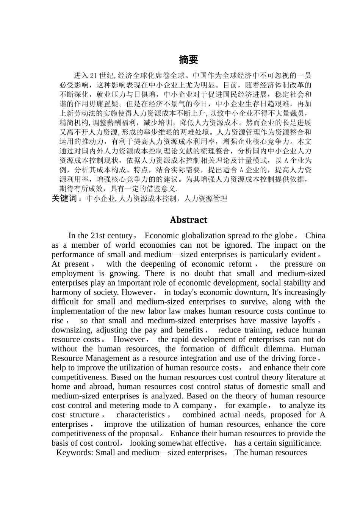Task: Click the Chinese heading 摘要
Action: pyautogui.click(x=188, y=60)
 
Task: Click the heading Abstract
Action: pyautogui.click(x=188, y=220)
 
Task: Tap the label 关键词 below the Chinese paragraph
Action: pyautogui.click(x=64, y=198)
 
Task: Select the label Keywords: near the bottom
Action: pyautogui.click(x=75, y=453)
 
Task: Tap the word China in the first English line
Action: pyautogui.click(x=315, y=236)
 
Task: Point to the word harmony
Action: pyautogui.click(x=66, y=292)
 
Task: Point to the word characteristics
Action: pyautogui.click(x=140, y=415)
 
